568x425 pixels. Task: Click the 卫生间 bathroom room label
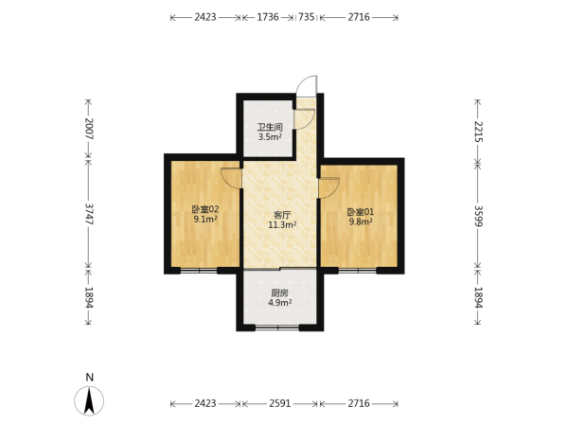(x=270, y=127)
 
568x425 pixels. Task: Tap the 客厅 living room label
(x=282, y=215)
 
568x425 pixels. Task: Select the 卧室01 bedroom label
(x=360, y=212)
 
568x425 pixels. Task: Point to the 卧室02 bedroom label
(x=205, y=209)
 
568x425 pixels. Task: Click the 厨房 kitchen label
(x=279, y=292)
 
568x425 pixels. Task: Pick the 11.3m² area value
(x=282, y=225)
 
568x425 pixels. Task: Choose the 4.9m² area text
(x=279, y=303)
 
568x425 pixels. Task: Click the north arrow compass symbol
(x=89, y=401)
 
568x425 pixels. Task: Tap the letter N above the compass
(x=90, y=378)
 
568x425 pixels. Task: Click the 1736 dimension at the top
(x=268, y=17)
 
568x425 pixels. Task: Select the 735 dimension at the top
(x=306, y=17)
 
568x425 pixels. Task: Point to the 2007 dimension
(x=89, y=129)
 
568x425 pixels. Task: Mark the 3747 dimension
(x=89, y=214)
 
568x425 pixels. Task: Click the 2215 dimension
(x=478, y=132)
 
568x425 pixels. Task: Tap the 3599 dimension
(x=478, y=217)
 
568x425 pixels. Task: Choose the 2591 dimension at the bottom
(x=280, y=403)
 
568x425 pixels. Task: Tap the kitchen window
(x=277, y=328)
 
